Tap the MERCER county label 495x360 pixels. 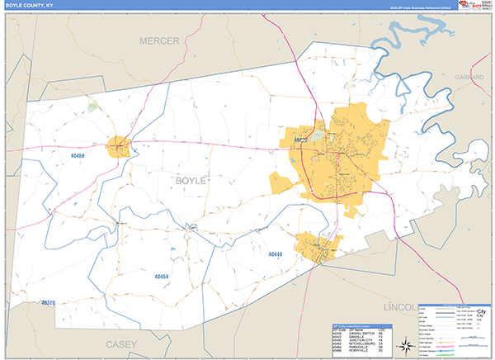coord(159,40)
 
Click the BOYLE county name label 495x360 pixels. coord(191,179)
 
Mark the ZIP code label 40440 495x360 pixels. coord(275,253)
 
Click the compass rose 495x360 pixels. coord(406,344)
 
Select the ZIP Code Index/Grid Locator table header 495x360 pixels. coord(360,327)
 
